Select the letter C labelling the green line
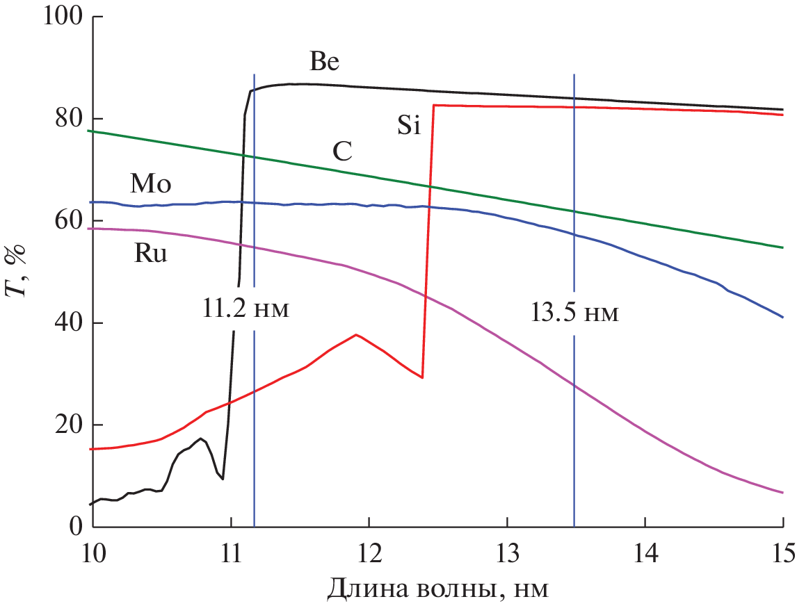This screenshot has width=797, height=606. point(341,151)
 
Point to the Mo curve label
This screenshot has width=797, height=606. point(150,184)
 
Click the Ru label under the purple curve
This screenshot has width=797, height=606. point(150,254)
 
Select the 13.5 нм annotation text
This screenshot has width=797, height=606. point(574,313)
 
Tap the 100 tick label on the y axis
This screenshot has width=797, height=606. point(63,17)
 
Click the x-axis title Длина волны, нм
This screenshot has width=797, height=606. point(437,589)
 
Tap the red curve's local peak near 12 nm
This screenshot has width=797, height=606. point(356,335)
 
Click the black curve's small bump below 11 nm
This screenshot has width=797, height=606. point(201,439)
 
